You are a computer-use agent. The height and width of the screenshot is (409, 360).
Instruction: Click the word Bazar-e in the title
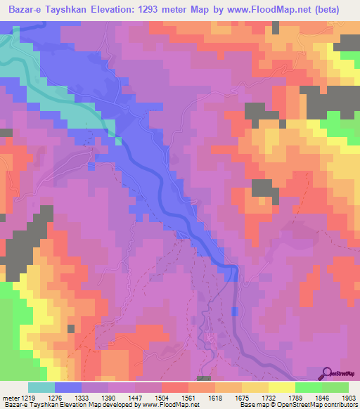coord(25,10)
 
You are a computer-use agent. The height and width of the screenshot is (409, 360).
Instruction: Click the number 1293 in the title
coord(156,10)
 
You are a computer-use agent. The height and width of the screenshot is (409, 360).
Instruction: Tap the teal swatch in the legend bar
coord(41,387)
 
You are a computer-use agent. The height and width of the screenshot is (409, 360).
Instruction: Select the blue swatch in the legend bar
coord(68,387)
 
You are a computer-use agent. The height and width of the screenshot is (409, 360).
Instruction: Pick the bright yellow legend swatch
coord(281,387)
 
